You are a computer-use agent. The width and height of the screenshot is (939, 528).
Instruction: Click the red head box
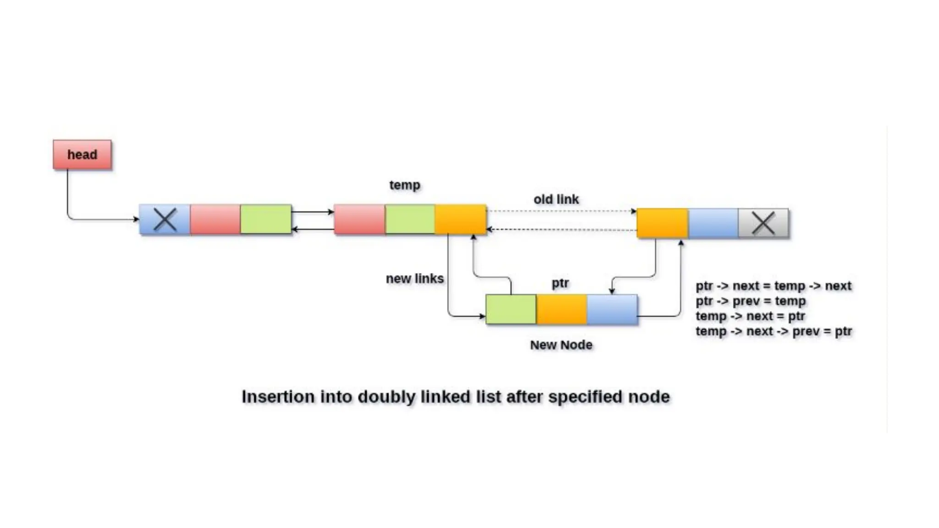(82, 155)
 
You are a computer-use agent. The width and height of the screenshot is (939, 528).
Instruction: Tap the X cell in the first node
(165, 220)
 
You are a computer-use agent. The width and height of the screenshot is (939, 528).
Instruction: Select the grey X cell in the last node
(763, 223)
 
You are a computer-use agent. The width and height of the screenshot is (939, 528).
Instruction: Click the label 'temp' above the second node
(404, 185)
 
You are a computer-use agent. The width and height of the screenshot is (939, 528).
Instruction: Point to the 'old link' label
(556, 199)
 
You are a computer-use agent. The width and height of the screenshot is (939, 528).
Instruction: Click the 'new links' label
(414, 279)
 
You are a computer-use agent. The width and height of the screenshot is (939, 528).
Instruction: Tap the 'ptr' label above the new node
(560, 283)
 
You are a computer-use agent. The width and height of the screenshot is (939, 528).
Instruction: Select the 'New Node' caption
(561, 345)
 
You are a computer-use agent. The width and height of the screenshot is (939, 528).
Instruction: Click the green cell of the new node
(511, 309)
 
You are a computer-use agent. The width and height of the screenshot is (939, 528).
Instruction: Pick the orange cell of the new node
(562, 309)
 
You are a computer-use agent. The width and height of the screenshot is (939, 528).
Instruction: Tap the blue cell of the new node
(612, 309)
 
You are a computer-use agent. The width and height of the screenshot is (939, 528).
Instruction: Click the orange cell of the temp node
(460, 220)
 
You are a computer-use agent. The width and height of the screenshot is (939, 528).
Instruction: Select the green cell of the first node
(266, 220)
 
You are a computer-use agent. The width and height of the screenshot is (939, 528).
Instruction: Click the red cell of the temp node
(359, 220)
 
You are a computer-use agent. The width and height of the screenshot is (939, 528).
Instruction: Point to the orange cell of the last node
(663, 223)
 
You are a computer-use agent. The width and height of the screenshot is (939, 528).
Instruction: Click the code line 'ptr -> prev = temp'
(751, 301)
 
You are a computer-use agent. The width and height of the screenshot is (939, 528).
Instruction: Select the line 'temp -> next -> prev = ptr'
(773, 331)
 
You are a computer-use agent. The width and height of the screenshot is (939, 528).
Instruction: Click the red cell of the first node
(215, 220)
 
